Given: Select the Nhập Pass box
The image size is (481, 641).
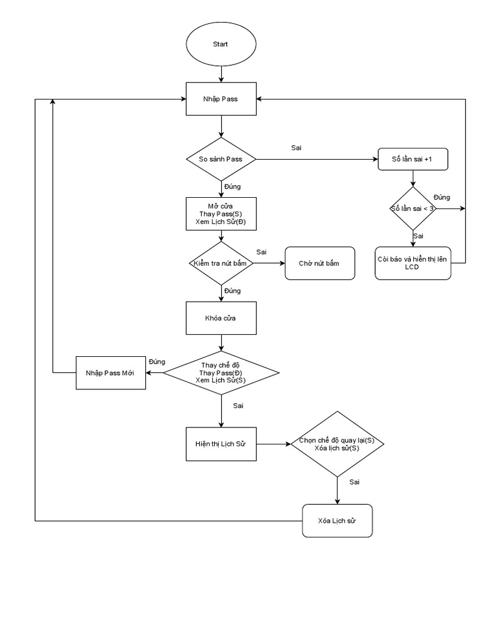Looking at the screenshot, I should point(220,99).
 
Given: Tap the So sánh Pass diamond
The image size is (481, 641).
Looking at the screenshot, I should point(220,159).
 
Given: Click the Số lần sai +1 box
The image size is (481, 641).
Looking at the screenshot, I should point(413,160).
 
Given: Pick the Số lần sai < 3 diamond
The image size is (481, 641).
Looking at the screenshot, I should point(413,208).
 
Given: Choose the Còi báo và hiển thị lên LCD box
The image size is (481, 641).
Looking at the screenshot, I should point(413,263).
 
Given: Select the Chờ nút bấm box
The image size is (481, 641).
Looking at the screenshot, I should point(319,264).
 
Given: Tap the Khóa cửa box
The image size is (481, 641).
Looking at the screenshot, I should point(220,318).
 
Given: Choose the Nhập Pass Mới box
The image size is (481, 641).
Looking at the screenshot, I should point(110,372).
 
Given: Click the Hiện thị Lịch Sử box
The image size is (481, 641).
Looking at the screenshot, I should point(220,444).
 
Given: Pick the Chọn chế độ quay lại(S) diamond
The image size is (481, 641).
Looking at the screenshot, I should point(337,444).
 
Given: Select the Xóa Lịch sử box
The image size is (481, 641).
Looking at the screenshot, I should point(337,520).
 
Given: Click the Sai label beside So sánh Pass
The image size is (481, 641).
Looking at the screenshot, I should point(296,148).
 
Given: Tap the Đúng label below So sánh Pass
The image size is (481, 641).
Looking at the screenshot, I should point(232,187).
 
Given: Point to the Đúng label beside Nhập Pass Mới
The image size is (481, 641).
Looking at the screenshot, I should point(157,362).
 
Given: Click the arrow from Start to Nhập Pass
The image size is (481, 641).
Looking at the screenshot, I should point(220,74).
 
